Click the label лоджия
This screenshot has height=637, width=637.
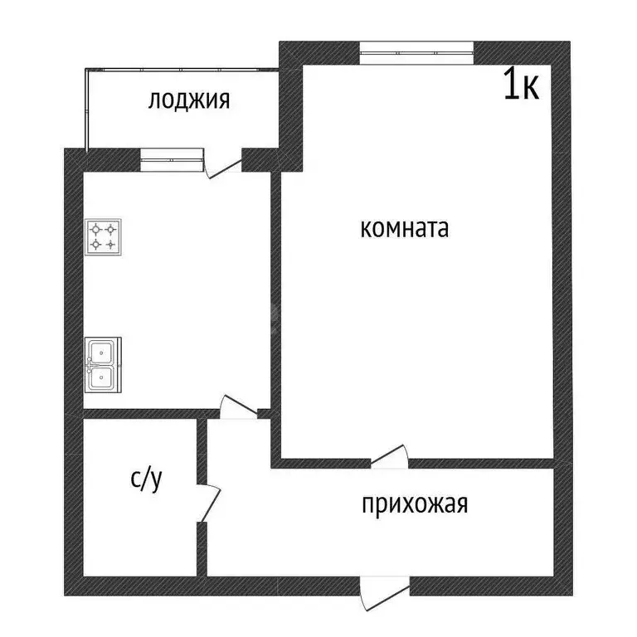pos(188,101)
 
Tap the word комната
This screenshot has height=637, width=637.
pos(404,229)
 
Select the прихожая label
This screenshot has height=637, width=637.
pos(415,504)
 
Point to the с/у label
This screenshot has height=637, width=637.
pos(147,479)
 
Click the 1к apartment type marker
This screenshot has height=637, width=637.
pos(522,85)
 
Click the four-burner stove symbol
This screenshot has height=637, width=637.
pos(104,236)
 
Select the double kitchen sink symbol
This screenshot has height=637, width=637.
pos(104,364)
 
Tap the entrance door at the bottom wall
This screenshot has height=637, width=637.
pos(384,595)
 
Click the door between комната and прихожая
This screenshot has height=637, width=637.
pos(388,457)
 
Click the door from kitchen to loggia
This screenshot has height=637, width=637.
pos(221,163)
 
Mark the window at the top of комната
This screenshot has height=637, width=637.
pos(417,52)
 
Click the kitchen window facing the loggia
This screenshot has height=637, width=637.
pos(172,156)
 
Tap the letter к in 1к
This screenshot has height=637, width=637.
pos(531,86)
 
